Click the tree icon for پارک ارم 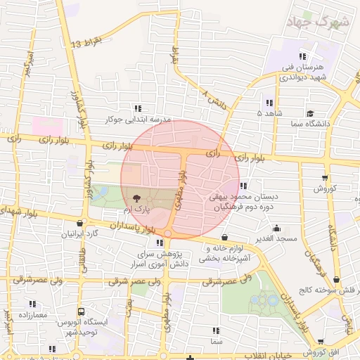click(x=134, y=198)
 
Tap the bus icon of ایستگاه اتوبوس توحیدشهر click(x=82, y=311)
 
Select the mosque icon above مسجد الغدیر click(x=277, y=228)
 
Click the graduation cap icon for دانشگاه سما click(x=309, y=112)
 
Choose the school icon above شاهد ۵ click(x=269, y=103)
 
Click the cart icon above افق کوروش click(x=310, y=340)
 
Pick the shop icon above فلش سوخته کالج click(x=336, y=279)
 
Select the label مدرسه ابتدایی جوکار click(x=138, y=120)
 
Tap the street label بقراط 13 click(x=86, y=44)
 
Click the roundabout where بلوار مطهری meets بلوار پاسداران click(x=168, y=233)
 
